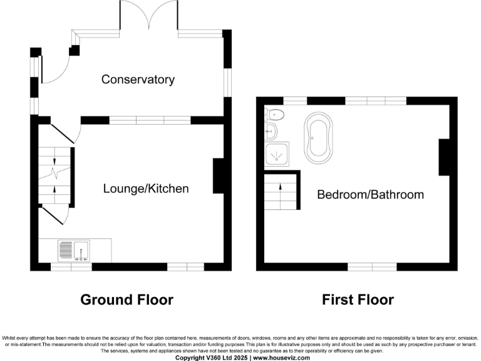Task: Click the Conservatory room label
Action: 137,80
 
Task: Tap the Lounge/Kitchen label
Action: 145,189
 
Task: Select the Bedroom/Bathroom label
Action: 370,194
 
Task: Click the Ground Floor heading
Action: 127,300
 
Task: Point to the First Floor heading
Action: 358,300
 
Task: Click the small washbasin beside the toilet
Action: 271,132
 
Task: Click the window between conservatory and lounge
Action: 150,120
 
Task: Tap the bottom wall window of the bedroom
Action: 372,267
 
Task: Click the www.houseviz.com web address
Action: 280,357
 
